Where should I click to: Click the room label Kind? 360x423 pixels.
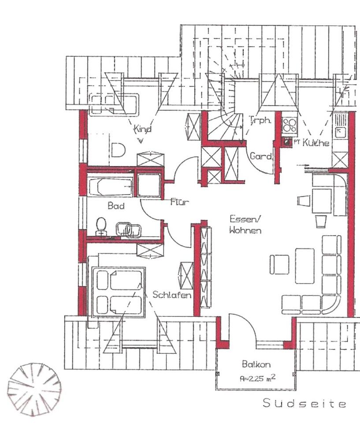[143, 129]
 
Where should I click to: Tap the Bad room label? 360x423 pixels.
[116, 206]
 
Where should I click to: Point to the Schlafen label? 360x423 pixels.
[172, 294]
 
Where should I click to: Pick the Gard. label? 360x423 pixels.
[261, 156]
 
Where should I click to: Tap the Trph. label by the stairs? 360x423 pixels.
[260, 120]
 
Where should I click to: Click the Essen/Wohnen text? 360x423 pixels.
[245, 224]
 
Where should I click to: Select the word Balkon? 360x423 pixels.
[256, 364]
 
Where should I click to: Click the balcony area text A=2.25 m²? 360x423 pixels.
[258, 378]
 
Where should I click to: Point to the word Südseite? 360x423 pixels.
[304, 403]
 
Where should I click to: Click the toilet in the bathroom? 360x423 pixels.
[101, 226]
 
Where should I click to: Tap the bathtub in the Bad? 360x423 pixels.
[110, 187]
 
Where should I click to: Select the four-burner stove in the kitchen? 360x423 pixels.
[289, 125]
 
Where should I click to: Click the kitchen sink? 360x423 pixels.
[340, 132]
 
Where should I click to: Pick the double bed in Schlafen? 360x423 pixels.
[119, 292]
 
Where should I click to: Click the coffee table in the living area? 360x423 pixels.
[304, 266]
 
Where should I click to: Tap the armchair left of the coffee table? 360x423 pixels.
[279, 265]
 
